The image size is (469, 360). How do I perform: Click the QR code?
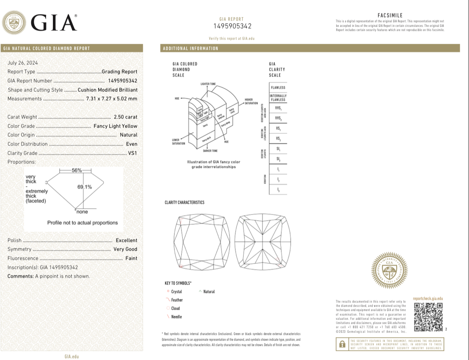point(428,317)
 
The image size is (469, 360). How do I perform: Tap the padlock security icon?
point(342,344)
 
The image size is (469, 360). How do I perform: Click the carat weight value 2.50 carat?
point(125,117)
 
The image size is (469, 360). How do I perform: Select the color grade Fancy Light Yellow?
point(115,126)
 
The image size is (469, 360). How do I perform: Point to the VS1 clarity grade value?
point(132,153)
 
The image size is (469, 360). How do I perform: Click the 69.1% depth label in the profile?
point(85,187)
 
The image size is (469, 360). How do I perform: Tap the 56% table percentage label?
point(77,170)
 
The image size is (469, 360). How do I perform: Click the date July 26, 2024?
point(23,63)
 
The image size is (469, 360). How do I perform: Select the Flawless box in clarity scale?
point(278,88)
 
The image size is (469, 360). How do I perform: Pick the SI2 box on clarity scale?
point(278,159)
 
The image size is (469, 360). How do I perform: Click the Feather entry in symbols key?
point(177,300)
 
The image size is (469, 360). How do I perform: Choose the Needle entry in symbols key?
point(177,317)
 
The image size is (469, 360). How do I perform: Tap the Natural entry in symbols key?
point(209,292)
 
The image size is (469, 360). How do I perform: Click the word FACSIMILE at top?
point(390,15)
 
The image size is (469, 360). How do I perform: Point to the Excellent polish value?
point(126,240)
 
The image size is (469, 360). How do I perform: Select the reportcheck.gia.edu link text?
point(428,299)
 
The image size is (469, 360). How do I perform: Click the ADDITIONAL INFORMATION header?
point(191,48)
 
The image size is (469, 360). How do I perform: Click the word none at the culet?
point(82,212)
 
